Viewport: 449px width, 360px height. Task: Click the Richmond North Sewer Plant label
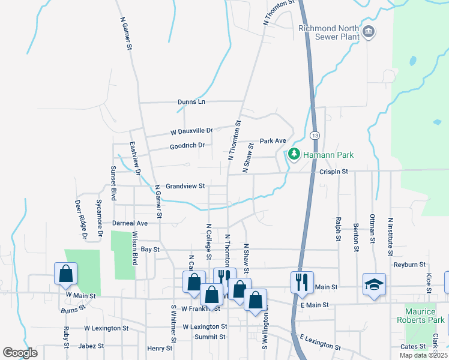point(329,32)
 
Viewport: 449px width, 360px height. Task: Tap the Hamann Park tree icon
point(294,154)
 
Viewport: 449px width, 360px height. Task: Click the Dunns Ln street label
point(191,102)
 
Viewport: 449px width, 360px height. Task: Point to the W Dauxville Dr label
point(191,130)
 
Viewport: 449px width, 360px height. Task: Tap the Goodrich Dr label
point(187,145)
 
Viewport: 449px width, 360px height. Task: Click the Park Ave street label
point(273,141)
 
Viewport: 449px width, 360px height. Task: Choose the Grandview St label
point(185,186)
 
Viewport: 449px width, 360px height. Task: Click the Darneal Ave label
point(125,223)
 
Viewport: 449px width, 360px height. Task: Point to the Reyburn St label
point(409,264)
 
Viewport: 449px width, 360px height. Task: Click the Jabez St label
point(92,346)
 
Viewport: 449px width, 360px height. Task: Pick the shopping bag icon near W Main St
point(65,273)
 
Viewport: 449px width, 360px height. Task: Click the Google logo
point(20,353)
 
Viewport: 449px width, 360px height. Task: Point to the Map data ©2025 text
point(423,355)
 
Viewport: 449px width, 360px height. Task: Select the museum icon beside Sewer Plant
point(369,31)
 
